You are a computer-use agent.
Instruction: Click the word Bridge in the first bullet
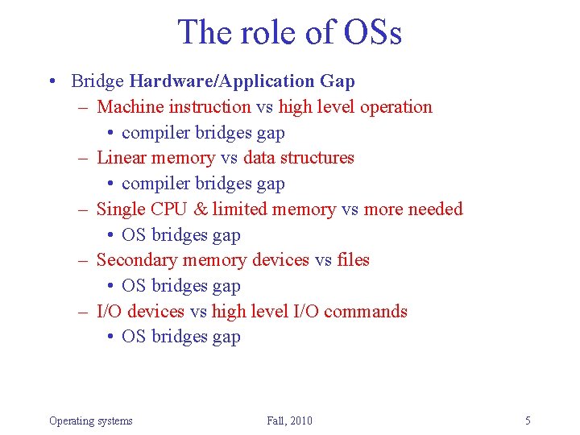coord(97,81)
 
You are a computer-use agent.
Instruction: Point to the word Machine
coord(129,107)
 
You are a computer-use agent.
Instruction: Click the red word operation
coord(396,107)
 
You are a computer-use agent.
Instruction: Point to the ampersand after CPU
coord(201,209)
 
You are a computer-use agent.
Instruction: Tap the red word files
coord(354,260)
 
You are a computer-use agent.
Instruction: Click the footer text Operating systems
coord(90,420)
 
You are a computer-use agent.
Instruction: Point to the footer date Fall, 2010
coord(289,420)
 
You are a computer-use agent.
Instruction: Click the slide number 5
coord(528,420)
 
